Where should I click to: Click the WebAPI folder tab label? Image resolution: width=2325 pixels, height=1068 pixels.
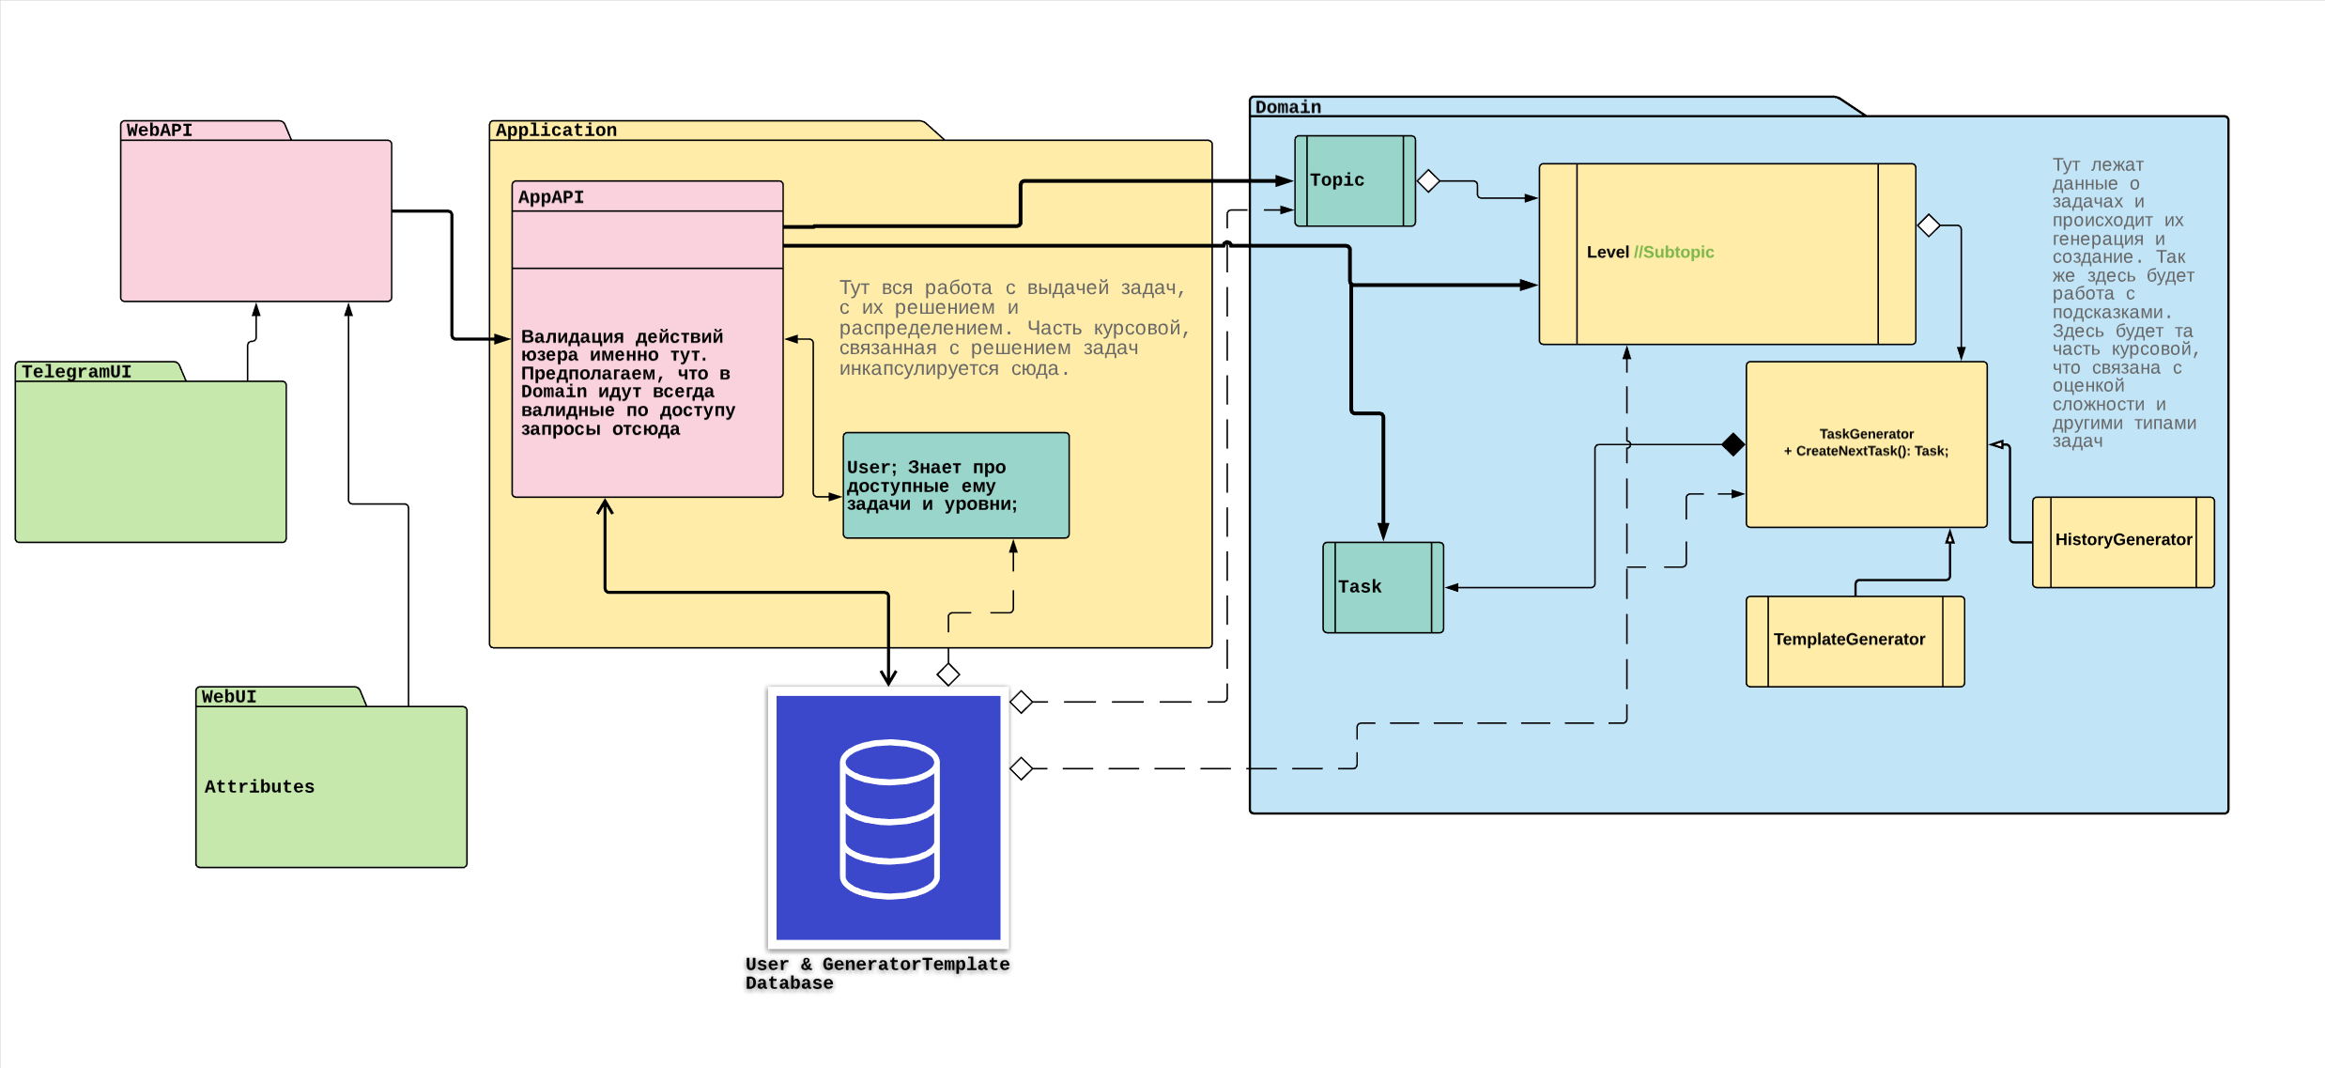click(x=160, y=131)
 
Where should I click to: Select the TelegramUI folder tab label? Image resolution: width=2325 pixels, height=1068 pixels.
click(x=77, y=372)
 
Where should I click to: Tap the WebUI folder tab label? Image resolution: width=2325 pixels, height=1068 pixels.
click(x=229, y=697)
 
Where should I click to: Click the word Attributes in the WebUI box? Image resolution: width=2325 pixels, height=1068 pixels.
click(x=259, y=787)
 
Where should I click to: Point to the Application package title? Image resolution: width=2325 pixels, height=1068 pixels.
click(x=556, y=131)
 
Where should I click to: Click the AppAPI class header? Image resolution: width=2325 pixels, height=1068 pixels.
click(x=551, y=197)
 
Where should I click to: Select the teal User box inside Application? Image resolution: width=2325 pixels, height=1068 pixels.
click(x=955, y=486)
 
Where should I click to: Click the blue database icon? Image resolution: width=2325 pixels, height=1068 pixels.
click(x=888, y=817)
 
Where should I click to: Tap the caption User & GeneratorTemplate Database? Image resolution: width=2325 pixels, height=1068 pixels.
click(x=877, y=973)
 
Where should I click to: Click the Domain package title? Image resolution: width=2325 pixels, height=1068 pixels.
click(x=1287, y=107)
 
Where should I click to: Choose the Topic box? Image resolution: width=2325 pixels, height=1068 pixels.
click(x=1354, y=180)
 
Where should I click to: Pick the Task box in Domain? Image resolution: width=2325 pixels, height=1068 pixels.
click(x=1382, y=587)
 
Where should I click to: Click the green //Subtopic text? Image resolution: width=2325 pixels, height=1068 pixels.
click(x=1673, y=252)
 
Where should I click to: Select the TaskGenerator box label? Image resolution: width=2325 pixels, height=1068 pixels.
click(x=1866, y=442)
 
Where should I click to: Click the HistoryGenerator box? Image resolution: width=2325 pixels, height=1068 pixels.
click(x=2122, y=540)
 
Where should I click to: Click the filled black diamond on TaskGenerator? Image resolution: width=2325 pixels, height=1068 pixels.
click(x=1733, y=444)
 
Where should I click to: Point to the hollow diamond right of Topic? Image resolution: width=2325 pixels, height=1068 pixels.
click(x=1428, y=180)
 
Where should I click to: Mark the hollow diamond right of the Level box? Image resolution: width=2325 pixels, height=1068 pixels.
click(x=1929, y=225)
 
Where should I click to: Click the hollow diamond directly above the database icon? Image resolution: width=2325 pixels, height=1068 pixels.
click(x=948, y=673)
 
